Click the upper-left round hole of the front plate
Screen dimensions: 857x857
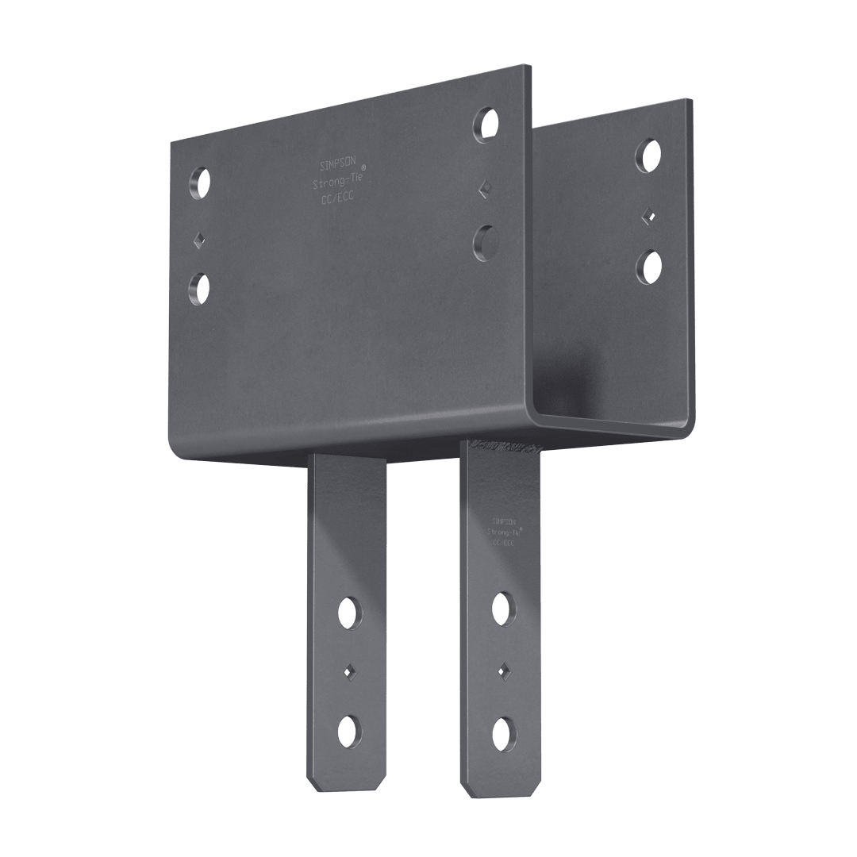200,183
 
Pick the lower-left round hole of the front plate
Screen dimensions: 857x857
200,288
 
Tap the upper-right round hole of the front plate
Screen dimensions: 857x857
486,125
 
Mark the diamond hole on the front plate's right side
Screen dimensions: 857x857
485,187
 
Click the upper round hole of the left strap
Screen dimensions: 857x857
348,611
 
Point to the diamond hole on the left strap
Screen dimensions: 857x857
348,672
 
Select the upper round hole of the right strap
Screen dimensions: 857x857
502,607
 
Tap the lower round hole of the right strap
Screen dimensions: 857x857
502,730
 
